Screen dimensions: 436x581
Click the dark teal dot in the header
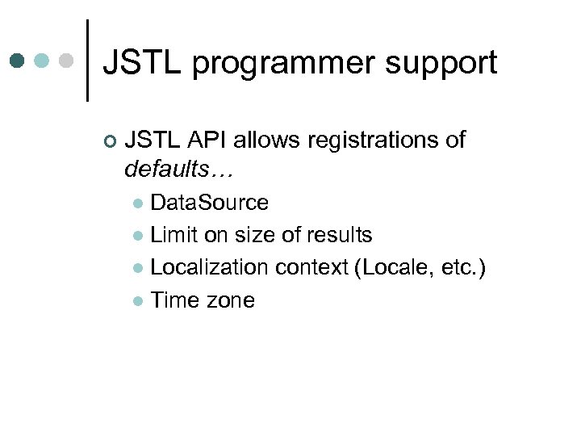(19, 61)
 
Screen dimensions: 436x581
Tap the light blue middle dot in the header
(42, 61)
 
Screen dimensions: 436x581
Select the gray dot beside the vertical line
(66, 61)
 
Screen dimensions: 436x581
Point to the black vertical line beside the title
(87, 61)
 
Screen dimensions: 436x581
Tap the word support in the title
(452, 62)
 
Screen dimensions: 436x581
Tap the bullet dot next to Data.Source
(139, 203)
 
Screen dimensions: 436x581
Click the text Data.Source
(209, 202)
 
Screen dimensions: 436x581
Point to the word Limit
(172, 235)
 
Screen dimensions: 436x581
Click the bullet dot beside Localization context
(139, 269)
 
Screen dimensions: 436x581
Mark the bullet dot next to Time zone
(139, 301)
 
